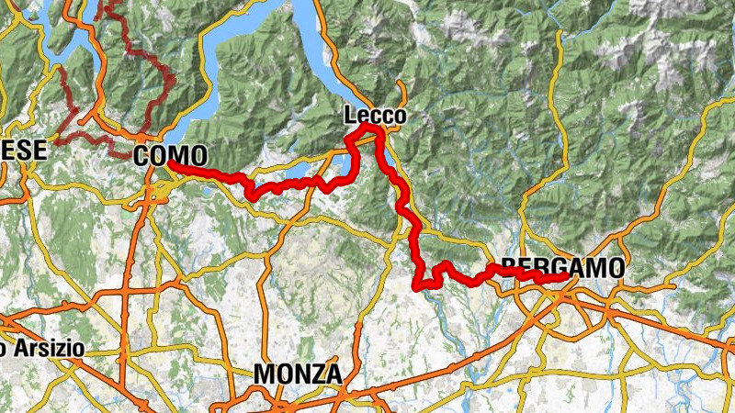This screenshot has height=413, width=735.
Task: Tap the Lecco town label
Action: coord(375,117)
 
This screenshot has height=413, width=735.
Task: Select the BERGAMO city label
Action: coord(562,267)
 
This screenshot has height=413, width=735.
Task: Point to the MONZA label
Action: coord(297,374)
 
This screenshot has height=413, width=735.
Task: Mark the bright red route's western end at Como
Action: coord(171,165)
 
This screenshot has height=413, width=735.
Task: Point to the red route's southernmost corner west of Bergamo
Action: coord(420,287)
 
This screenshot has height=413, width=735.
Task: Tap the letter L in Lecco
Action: coord(350,117)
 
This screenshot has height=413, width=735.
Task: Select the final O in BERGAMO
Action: coord(616,267)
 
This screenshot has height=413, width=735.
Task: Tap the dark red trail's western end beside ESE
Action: coord(55,142)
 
